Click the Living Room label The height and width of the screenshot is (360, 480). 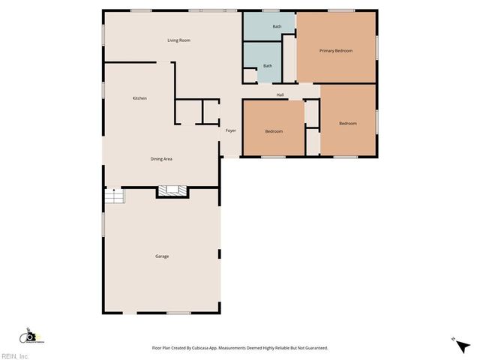tap(178, 40)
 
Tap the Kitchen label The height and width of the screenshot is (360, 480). tap(139, 98)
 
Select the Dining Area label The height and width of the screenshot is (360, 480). tap(163, 159)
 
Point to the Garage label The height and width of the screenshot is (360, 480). tap(162, 256)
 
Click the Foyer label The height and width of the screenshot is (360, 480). tap(231, 130)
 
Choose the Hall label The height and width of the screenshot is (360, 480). tap(280, 94)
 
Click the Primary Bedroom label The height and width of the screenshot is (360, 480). tap(335, 51)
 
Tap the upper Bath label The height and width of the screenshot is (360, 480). tap(277, 27)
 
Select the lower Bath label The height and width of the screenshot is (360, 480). tap(268, 66)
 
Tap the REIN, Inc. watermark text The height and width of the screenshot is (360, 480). tap(14, 355)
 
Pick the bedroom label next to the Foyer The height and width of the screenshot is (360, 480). tap(274, 132)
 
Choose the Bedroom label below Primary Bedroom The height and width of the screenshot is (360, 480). tap(347, 124)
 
